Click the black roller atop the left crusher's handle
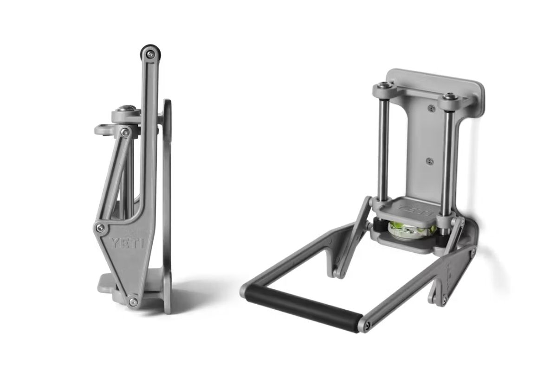(x=150, y=53)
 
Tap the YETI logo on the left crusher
(x=127, y=243)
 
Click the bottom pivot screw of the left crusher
(x=133, y=302)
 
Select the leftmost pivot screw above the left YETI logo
(x=100, y=227)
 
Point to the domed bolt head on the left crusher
(x=127, y=109)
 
